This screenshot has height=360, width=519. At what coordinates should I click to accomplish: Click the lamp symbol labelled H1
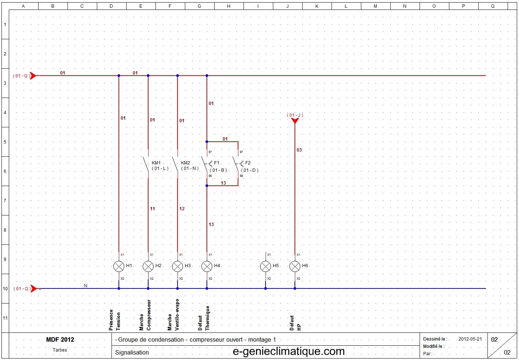point(118,266)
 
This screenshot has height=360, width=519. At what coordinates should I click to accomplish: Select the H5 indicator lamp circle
point(266,266)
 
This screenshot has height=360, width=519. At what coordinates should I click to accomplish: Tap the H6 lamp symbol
point(295,266)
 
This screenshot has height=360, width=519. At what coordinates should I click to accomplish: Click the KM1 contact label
point(156,163)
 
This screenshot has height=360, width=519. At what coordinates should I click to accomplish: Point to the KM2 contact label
point(185,163)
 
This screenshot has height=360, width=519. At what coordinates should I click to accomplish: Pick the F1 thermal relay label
point(216,163)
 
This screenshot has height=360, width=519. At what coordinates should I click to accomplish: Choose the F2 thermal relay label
point(248,163)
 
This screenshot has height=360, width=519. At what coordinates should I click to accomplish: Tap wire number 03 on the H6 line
point(299,150)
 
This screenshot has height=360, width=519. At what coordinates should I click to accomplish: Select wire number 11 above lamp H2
point(152,209)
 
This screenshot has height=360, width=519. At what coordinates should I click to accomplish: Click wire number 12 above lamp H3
point(182,209)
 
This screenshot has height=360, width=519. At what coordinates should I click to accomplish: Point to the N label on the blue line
point(85,286)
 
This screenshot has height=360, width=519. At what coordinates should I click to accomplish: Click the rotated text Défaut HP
point(295,323)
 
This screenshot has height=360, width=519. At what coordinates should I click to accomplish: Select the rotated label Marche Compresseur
point(145,315)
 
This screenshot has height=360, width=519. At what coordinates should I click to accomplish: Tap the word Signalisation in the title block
point(132,352)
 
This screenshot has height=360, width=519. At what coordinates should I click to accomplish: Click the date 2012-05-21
point(470,339)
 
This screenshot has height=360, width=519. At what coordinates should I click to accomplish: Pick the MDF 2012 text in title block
point(60,339)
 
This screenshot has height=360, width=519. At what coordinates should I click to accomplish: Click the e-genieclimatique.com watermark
point(289,352)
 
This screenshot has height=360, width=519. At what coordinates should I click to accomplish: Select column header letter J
point(287,6)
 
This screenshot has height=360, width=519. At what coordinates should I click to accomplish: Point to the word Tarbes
point(60,350)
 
